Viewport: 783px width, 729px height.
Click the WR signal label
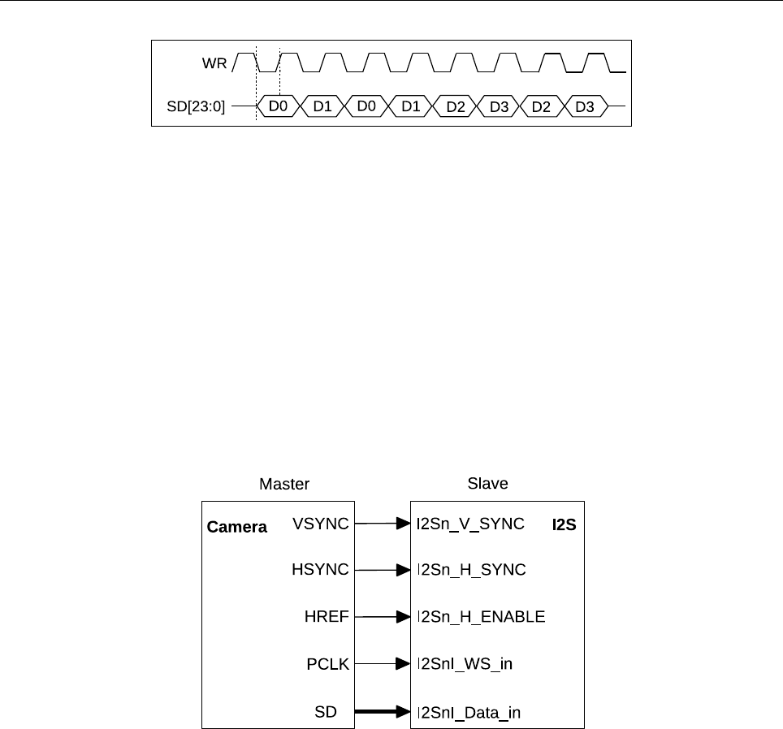214,63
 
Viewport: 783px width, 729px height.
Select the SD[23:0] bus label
196,106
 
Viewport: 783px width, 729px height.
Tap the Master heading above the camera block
284,484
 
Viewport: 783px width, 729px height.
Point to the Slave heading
487,484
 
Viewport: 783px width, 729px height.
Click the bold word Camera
237,527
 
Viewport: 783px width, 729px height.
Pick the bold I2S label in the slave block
565,525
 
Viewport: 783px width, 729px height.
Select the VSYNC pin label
320,524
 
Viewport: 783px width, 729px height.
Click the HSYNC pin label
320,570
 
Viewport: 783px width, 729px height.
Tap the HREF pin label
327,617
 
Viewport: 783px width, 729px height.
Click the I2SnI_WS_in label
464,665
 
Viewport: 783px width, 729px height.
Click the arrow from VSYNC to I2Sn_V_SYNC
382,524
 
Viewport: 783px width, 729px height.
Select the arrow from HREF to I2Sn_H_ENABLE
382,617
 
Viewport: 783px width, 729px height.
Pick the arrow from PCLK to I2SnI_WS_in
382,664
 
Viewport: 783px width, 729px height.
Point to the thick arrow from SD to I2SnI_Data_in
382,712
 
